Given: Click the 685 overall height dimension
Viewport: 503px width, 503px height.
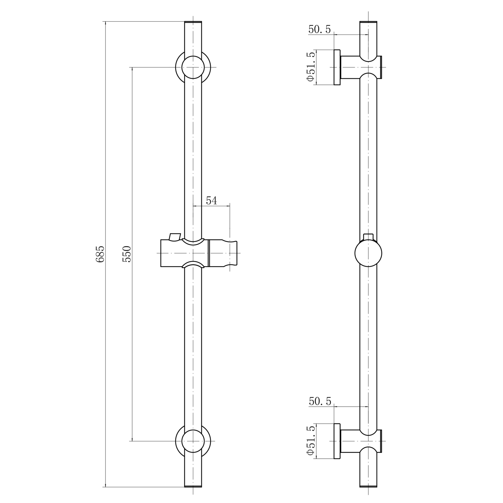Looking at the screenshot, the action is coord(100,254).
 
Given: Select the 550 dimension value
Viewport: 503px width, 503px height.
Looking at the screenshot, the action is coord(127,254).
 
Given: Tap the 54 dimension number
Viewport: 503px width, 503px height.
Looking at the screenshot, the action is coord(211,201).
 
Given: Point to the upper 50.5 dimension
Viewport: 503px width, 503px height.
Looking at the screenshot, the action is coord(319,29).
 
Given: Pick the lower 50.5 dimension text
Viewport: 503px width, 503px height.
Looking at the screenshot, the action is coord(320,401).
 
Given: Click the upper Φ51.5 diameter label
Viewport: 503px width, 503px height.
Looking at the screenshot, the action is coord(311,66).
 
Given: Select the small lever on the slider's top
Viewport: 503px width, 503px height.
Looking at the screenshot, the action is coord(175,237).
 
